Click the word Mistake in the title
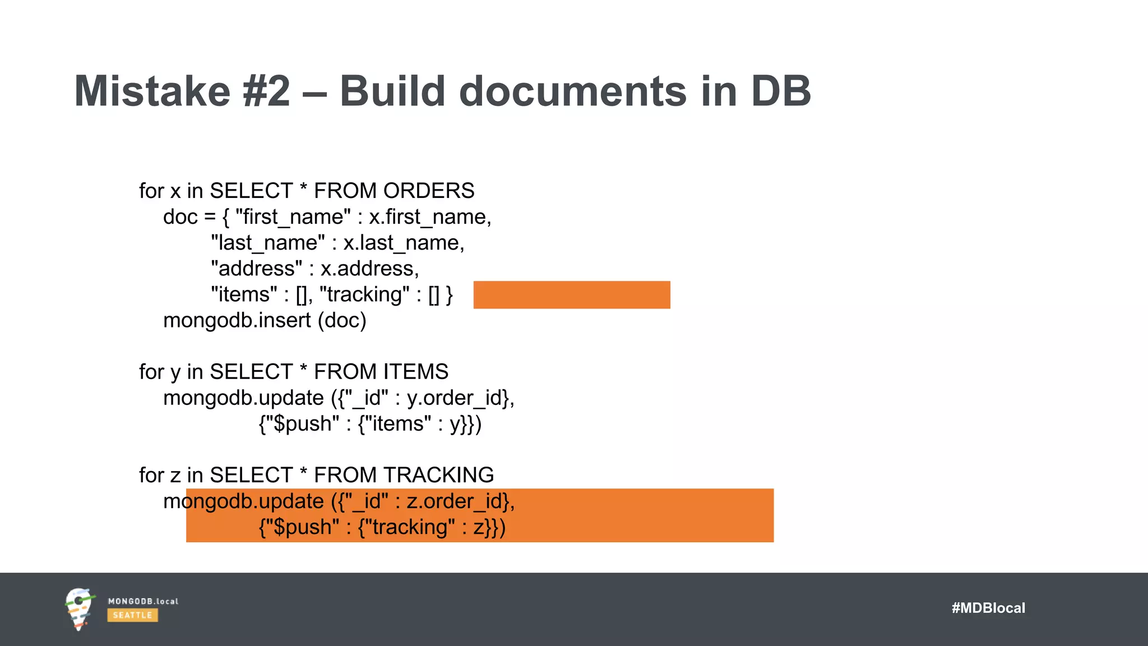(152, 91)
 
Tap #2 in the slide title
(267, 91)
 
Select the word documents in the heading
(572, 91)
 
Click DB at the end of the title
(781, 91)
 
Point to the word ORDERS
(429, 191)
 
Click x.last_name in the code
(404, 243)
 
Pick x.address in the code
(369, 269)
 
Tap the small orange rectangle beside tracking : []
(572, 295)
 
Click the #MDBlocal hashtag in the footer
(988, 608)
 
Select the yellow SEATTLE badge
(132, 615)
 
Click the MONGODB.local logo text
(143, 602)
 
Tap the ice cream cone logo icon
(79, 609)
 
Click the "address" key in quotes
(257, 269)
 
